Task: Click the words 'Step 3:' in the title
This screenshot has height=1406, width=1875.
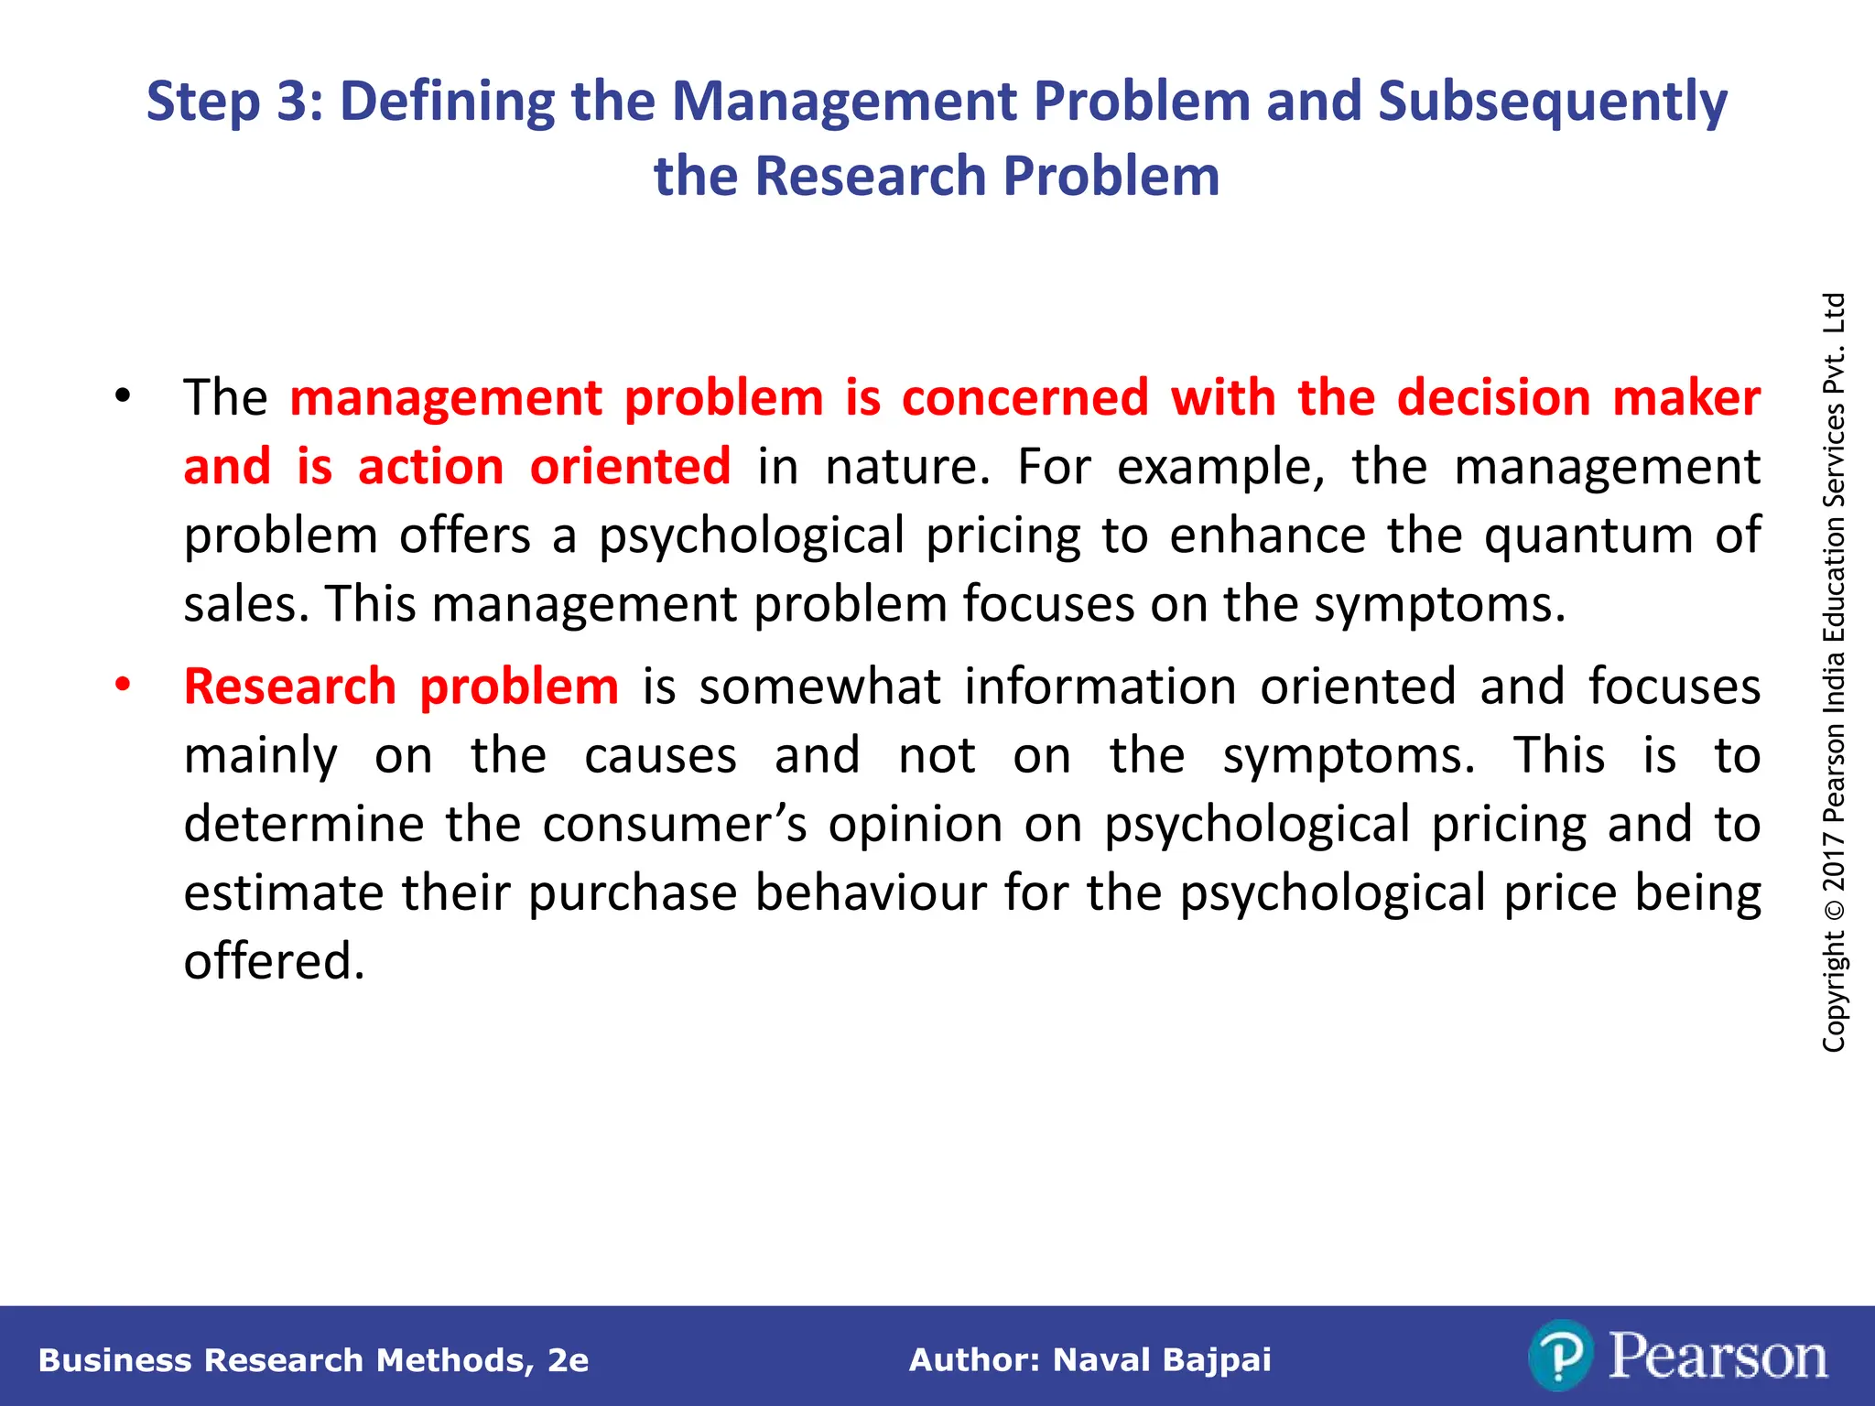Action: tap(234, 101)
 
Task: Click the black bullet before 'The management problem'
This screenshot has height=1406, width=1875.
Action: tap(123, 397)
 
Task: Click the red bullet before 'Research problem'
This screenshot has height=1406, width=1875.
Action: tap(123, 685)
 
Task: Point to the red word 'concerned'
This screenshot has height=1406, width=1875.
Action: tap(1024, 398)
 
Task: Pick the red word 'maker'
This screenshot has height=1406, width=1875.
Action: tap(1686, 398)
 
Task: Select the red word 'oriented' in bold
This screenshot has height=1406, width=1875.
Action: tap(630, 467)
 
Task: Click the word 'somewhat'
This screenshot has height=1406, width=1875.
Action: tap(819, 687)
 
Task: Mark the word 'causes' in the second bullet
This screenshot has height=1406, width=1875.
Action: tap(660, 756)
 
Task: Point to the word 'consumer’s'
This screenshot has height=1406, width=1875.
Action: tap(675, 825)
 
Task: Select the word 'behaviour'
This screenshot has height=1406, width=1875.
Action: tap(871, 893)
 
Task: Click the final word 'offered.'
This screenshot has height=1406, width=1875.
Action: tap(274, 962)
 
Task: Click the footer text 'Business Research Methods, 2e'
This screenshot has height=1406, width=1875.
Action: tap(313, 1360)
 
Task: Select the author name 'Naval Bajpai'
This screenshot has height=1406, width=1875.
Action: tap(1162, 1360)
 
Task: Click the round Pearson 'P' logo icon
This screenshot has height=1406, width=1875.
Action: tap(1560, 1356)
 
